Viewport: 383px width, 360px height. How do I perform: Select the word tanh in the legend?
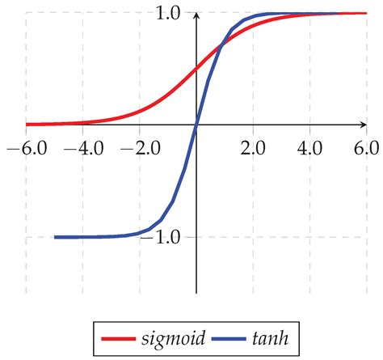(x=269, y=334)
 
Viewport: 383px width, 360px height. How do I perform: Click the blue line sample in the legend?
(x=224, y=335)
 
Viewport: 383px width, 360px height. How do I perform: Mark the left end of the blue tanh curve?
(x=55, y=237)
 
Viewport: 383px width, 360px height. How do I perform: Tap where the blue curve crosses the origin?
(x=196, y=125)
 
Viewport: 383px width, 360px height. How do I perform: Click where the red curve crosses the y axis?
(x=196, y=69)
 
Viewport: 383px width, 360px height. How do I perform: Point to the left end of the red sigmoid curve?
(x=27, y=125)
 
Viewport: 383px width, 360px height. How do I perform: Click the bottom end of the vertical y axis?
(x=196, y=293)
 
